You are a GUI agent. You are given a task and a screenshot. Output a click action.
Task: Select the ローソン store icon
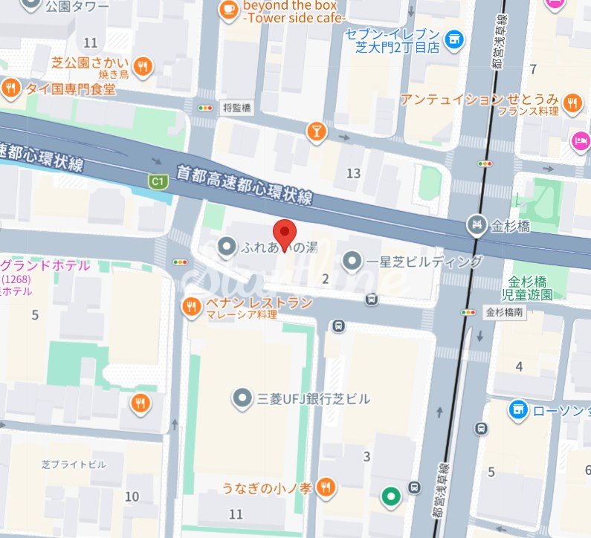[x=518, y=409]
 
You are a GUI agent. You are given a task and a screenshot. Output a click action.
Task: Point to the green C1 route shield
[x=156, y=181]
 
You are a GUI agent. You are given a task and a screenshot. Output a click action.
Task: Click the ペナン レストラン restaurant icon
[x=191, y=305]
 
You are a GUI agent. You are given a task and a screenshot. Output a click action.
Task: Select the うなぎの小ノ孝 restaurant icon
[x=325, y=487]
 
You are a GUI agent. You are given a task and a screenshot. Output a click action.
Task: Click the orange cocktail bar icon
[x=316, y=132]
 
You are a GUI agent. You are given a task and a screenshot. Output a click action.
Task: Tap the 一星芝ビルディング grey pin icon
[x=352, y=261]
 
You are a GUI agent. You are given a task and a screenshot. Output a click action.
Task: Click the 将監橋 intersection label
[x=237, y=108]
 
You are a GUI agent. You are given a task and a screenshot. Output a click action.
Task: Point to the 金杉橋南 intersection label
[x=506, y=312]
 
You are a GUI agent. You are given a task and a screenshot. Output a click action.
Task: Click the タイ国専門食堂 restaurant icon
[x=10, y=89]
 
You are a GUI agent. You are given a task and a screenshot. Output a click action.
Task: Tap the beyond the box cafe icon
[x=227, y=10]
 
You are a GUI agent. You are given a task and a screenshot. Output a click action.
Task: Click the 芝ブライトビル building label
[x=73, y=464]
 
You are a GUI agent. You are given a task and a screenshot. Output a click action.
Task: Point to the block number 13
[x=353, y=174]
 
